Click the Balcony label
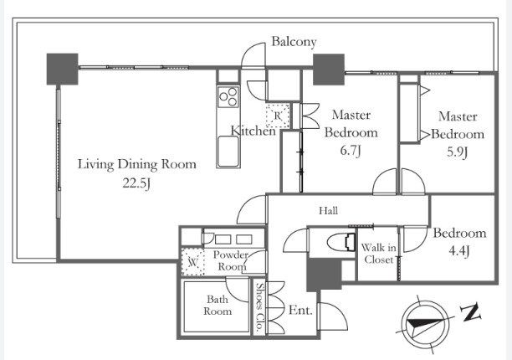[294, 42]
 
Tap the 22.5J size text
[136, 183]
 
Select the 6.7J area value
[351, 151]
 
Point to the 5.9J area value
[458, 152]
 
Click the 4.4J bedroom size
[459, 251]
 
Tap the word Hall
[328, 211]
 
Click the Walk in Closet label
[378, 254]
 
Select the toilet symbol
[340, 243]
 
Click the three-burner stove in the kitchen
[228, 97]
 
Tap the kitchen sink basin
[228, 151]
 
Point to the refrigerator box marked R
[278, 116]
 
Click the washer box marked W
[193, 262]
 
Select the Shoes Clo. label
[260, 307]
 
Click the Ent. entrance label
[300, 310]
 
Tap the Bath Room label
[218, 305]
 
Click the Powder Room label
[231, 260]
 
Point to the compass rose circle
[424, 324]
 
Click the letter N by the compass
[471, 312]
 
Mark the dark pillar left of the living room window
[63, 69]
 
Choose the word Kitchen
[253, 131]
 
